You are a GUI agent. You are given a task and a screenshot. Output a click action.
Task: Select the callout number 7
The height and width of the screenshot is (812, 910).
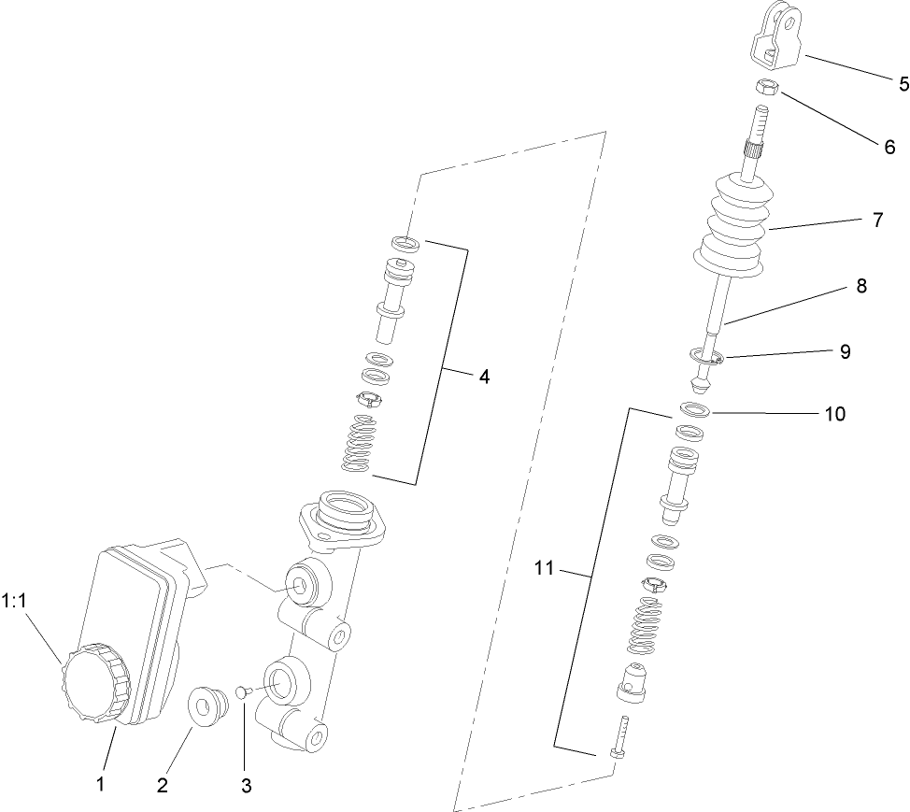coord(877,221)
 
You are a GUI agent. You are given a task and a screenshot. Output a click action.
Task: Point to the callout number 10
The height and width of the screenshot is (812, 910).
coord(834,413)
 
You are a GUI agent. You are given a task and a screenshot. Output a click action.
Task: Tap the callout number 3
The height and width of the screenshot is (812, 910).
coord(247,785)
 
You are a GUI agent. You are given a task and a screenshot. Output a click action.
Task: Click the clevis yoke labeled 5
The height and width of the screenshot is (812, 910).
coord(775,35)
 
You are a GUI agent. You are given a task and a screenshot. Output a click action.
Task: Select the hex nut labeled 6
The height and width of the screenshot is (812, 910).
coord(767,88)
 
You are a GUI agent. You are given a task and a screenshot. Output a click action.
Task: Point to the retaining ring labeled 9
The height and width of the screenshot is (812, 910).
coord(704,355)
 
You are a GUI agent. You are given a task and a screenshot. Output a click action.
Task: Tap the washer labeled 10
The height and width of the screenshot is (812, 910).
coord(693,409)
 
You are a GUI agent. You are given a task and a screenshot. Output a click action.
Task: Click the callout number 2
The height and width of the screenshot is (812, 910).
coord(163,785)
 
